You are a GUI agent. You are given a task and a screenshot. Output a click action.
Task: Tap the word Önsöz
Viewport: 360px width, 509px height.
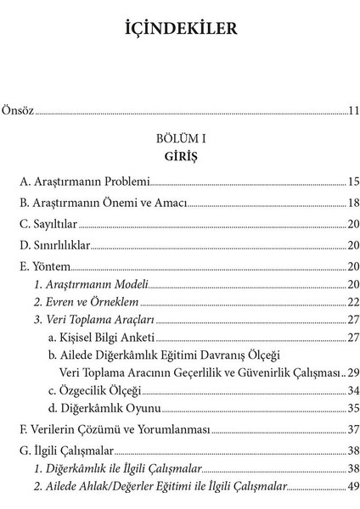(x=18, y=109)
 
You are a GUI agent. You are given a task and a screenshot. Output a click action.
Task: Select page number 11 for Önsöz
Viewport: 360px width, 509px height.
(x=352, y=109)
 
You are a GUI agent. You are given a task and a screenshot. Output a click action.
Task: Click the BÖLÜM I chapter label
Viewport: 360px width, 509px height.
(x=179, y=137)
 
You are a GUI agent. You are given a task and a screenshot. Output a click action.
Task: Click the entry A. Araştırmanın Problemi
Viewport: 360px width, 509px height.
(x=84, y=182)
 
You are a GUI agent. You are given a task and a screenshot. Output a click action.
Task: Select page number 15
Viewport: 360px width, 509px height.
(x=352, y=182)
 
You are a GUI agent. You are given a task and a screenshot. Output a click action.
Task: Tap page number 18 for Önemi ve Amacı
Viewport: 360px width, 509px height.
(x=352, y=203)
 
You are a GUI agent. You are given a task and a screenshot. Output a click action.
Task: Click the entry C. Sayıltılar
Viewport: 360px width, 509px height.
(x=48, y=224)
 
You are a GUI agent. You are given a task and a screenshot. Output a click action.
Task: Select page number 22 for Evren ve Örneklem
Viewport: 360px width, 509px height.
(x=352, y=303)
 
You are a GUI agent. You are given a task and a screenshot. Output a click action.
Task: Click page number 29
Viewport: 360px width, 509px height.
(x=352, y=372)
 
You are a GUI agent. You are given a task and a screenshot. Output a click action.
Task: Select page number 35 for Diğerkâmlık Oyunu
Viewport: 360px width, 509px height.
(x=352, y=408)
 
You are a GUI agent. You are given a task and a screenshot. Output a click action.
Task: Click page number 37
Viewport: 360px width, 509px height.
(x=352, y=430)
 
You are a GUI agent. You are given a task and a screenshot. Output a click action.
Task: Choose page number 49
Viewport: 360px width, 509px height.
(x=352, y=488)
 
